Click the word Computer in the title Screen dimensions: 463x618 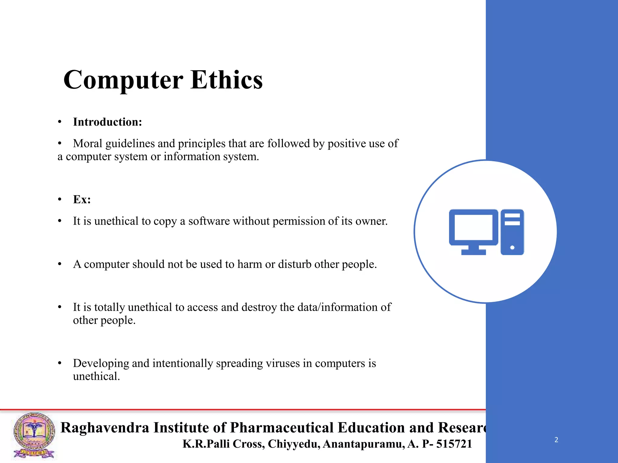click(123, 80)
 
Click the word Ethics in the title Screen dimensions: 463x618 click(227, 80)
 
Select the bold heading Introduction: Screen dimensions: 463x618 click(107, 122)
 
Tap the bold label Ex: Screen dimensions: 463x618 click(82, 200)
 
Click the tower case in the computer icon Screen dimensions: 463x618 click(512, 232)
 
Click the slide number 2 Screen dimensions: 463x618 click(556, 440)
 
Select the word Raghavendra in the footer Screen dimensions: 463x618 click(105, 428)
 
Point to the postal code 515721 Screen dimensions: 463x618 click(454, 444)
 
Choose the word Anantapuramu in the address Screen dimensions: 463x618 click(363, 444)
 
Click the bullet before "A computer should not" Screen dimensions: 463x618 click(60, 264)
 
